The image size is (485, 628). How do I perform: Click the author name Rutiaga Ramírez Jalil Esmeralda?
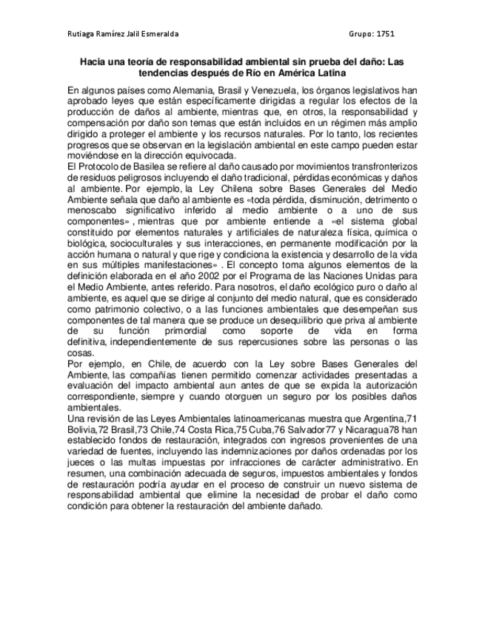[122, 34]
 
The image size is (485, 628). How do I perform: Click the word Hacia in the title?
[95, 64]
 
